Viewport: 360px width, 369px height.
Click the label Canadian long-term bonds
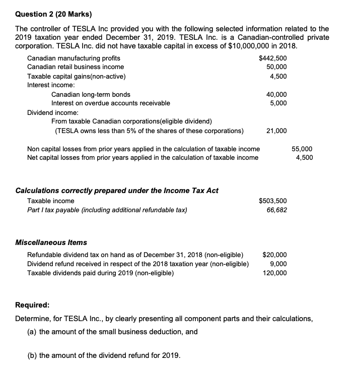point(91,94)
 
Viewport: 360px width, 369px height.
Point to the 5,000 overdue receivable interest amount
point(278,103)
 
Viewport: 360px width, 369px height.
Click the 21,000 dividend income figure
point(276,131)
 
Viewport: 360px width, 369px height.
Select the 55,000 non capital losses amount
point(302,149)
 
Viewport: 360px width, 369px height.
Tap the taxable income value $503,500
point(272,201)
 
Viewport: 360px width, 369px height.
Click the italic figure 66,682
point(276,210)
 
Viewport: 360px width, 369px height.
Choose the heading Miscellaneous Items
point(51,242)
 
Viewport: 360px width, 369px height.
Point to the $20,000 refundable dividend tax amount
point(274,255)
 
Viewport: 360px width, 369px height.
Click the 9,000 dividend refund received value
point(278,264)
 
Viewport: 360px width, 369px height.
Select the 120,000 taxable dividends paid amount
point(275,273)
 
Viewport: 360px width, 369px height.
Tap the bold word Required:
point(32,305)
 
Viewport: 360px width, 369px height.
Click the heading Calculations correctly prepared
point(117,190)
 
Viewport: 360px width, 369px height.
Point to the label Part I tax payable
point(107,210)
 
